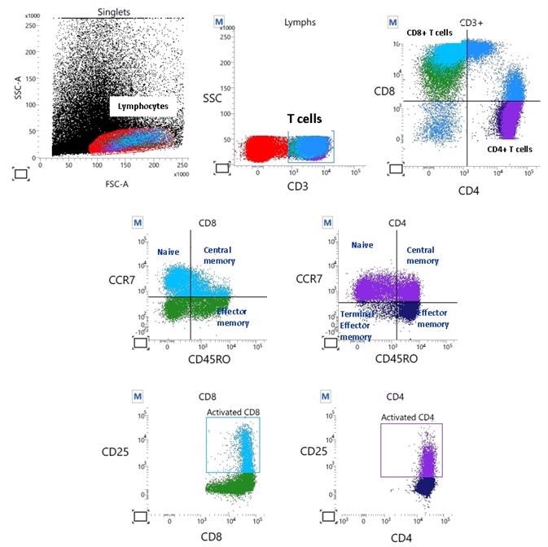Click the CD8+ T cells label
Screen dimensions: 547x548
(x=430, y=32)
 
